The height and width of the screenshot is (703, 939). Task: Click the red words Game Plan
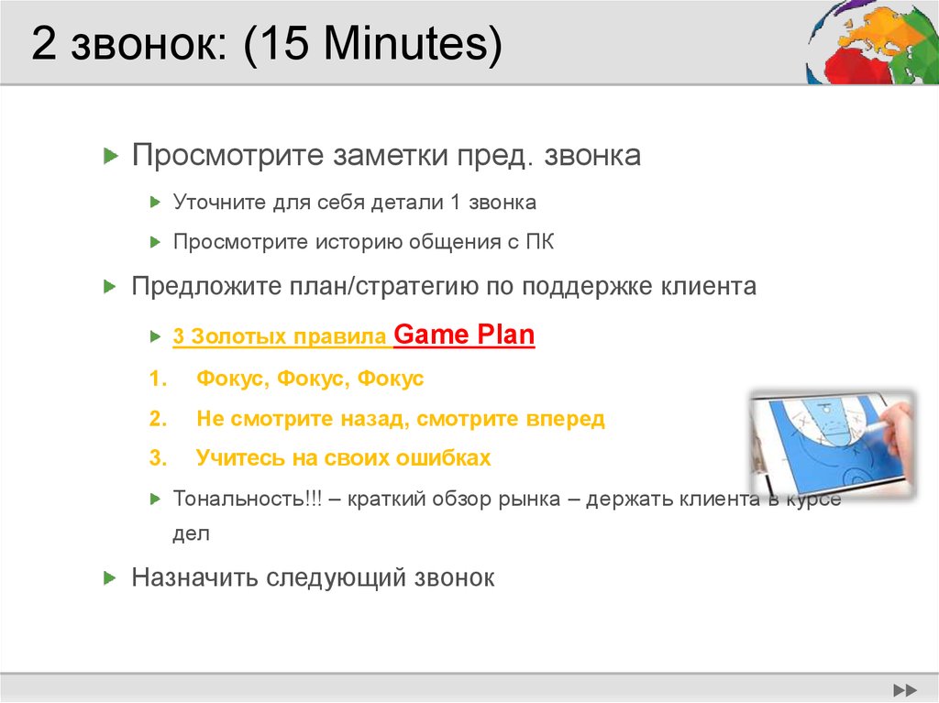tap(464, 335)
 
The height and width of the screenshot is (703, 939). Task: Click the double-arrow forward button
tap(905, 689)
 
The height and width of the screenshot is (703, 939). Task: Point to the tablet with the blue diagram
tap(830, 443)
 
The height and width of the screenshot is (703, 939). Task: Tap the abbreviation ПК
tap(539, 242)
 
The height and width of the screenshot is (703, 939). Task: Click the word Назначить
tap(194, 577)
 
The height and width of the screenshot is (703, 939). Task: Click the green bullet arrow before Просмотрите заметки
tap(110, 156)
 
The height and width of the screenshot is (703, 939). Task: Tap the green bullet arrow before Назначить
tap(110, 577)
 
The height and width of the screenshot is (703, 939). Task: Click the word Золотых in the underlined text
tap(238, 337)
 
